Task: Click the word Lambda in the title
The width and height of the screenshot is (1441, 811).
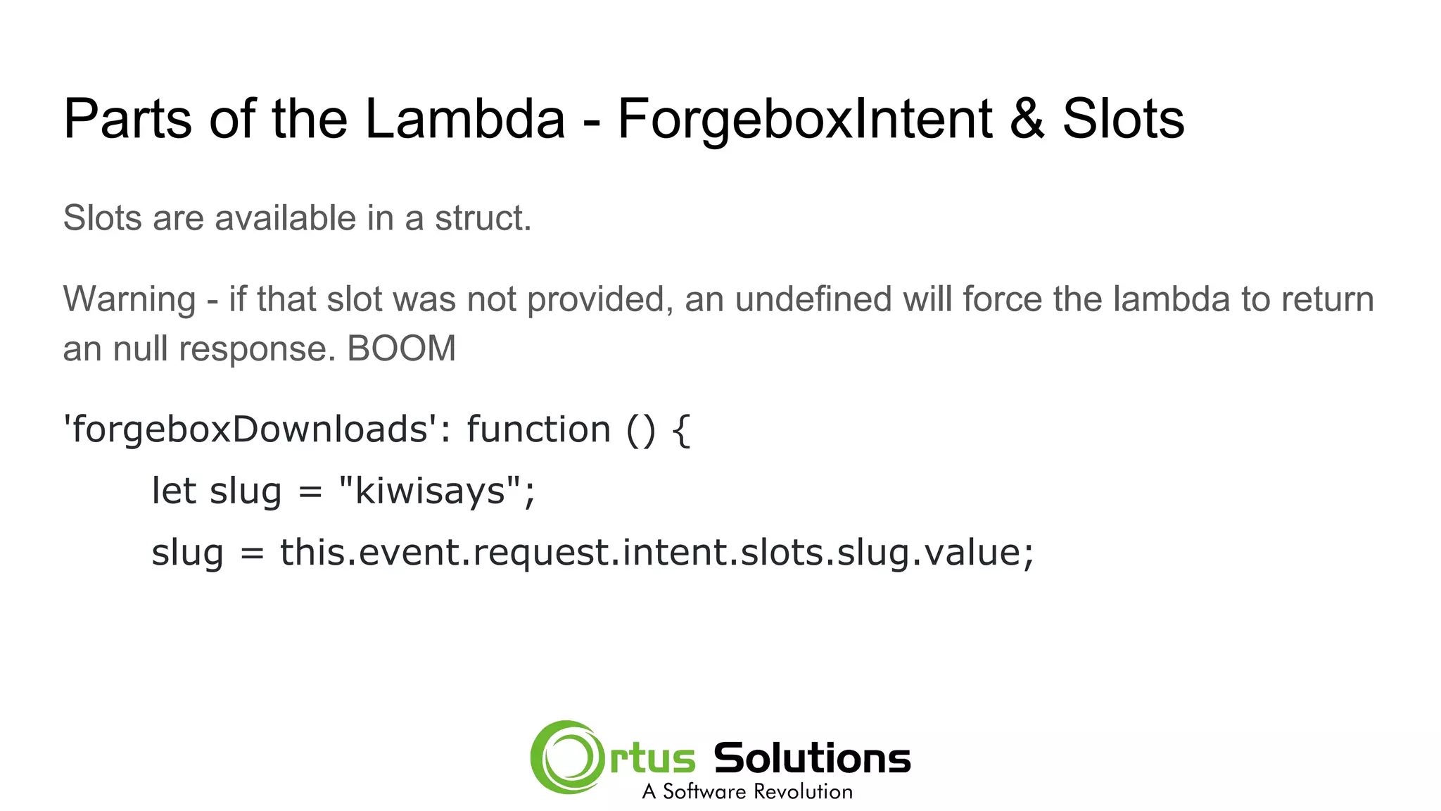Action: tap(464, 118)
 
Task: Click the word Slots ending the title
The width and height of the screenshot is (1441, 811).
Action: tap(1123, 118)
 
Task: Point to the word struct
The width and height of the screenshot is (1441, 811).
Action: tap(483, 218)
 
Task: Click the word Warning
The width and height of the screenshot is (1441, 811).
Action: tap(129, 299)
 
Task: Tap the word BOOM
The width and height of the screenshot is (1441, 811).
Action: tap(402, 348)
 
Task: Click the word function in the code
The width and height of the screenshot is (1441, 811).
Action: tap(538, 429)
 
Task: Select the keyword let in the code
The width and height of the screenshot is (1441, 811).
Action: tap(173, 491)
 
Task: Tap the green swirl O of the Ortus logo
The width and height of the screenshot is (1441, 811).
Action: tap(567, 757)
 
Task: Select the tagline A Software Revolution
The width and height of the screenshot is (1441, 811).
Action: tap(747, 791)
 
